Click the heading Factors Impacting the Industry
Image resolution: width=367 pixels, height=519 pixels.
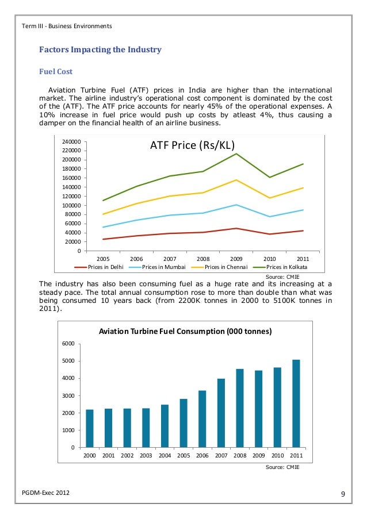[x=100, y=50]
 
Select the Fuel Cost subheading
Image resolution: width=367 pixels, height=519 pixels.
[x=55, y=72]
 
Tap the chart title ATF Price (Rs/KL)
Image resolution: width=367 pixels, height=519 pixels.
[x=193, y=145]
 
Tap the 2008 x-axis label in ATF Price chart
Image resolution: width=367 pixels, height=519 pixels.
[x=202, y=259]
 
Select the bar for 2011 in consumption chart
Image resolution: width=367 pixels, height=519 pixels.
[x=295, y=403]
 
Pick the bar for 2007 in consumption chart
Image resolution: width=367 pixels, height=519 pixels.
[x=221, y=413]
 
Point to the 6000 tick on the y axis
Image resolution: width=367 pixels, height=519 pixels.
[x=68, y=344]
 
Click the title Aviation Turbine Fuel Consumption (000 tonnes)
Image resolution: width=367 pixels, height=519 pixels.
[x=185, y=332]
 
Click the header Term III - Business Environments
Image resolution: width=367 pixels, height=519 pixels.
[x=66, y=26]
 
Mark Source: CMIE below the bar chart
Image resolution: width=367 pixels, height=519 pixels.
[x=282, y=467]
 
